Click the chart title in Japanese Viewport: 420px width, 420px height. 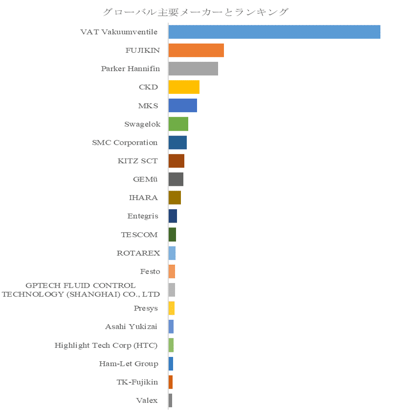tap(196, 12)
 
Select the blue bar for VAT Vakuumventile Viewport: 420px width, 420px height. tap(274, 32)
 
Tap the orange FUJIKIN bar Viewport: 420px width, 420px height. tap(196, 50)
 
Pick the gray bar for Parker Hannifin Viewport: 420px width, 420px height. tap(193, 68)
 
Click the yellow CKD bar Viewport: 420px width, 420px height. tap(184, 87)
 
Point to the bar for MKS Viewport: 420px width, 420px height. tap(182, 106)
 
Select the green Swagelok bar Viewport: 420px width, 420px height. tap(178, 124)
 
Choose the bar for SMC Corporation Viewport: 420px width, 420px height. tap(177, 143)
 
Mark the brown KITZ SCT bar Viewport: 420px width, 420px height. tap(176, 161)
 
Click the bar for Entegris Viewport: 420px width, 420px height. tap(173, 216)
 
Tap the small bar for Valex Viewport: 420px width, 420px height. tap(170, 400)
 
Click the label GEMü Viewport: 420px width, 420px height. tap(145, 179)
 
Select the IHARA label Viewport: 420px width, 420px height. tap(143, 198)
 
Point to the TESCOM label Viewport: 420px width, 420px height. tap(139, 235)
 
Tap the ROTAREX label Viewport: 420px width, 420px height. tap(138, 253)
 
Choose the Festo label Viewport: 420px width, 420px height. tap(150, 271)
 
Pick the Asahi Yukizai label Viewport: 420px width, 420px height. tap(131, 327)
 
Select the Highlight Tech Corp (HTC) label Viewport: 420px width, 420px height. tap(106, 345)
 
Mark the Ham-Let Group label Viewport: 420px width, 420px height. tap(129, 364)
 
